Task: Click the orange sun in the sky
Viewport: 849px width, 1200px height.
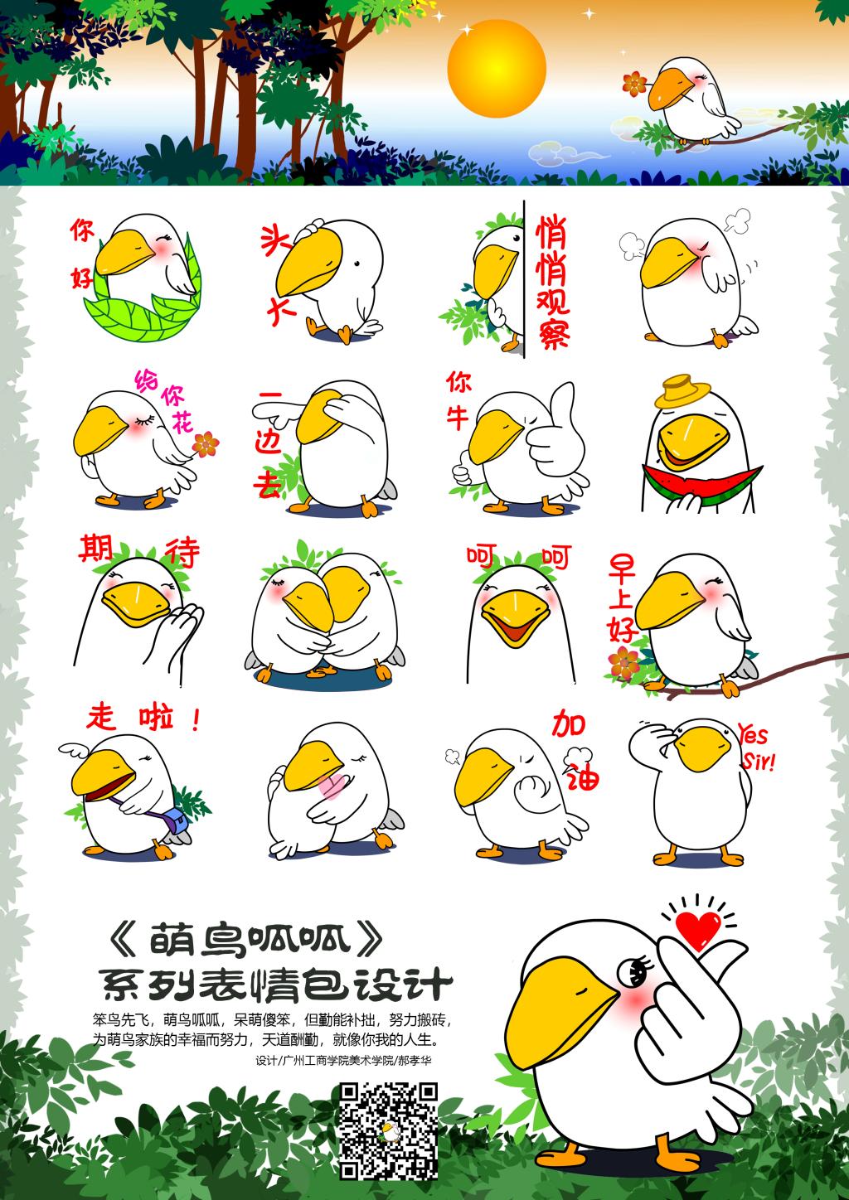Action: (497, 67)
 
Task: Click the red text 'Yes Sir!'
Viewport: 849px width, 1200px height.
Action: (756, 746)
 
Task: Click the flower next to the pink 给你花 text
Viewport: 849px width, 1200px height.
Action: (206, 444)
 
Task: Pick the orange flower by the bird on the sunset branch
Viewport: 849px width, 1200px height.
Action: (634, 84)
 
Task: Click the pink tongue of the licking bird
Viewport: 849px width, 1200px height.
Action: (330, 786)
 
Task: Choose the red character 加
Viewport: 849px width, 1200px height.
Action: (569, 723)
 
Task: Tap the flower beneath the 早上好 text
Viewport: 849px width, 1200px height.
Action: (623, 663)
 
